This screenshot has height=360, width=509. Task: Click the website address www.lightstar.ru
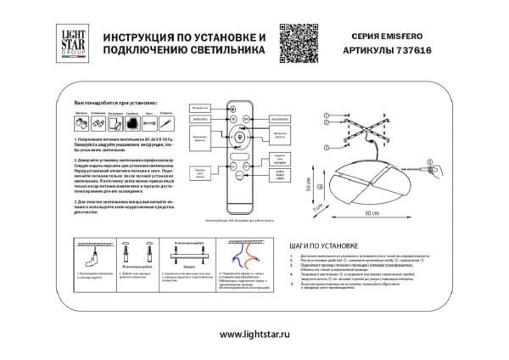(x=254, y=334)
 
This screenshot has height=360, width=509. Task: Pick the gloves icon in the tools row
(x=76, y=123)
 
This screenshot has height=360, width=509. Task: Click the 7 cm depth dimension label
(x=318, y=208)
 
